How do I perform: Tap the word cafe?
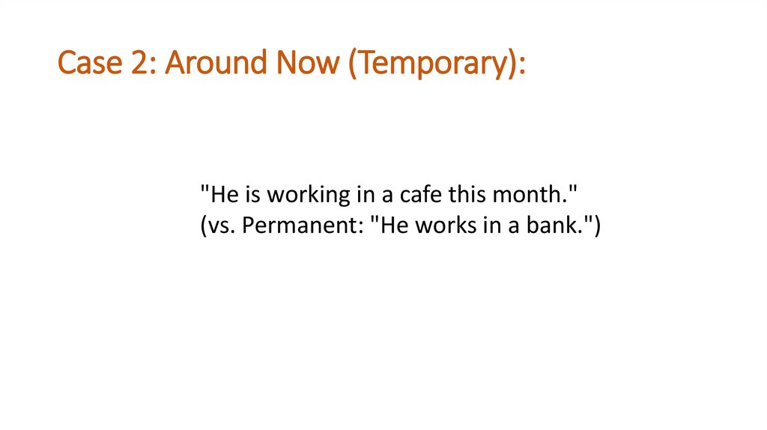[419, 196]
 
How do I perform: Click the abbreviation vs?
[221, 225]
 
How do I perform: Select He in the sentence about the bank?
[394, 225]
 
